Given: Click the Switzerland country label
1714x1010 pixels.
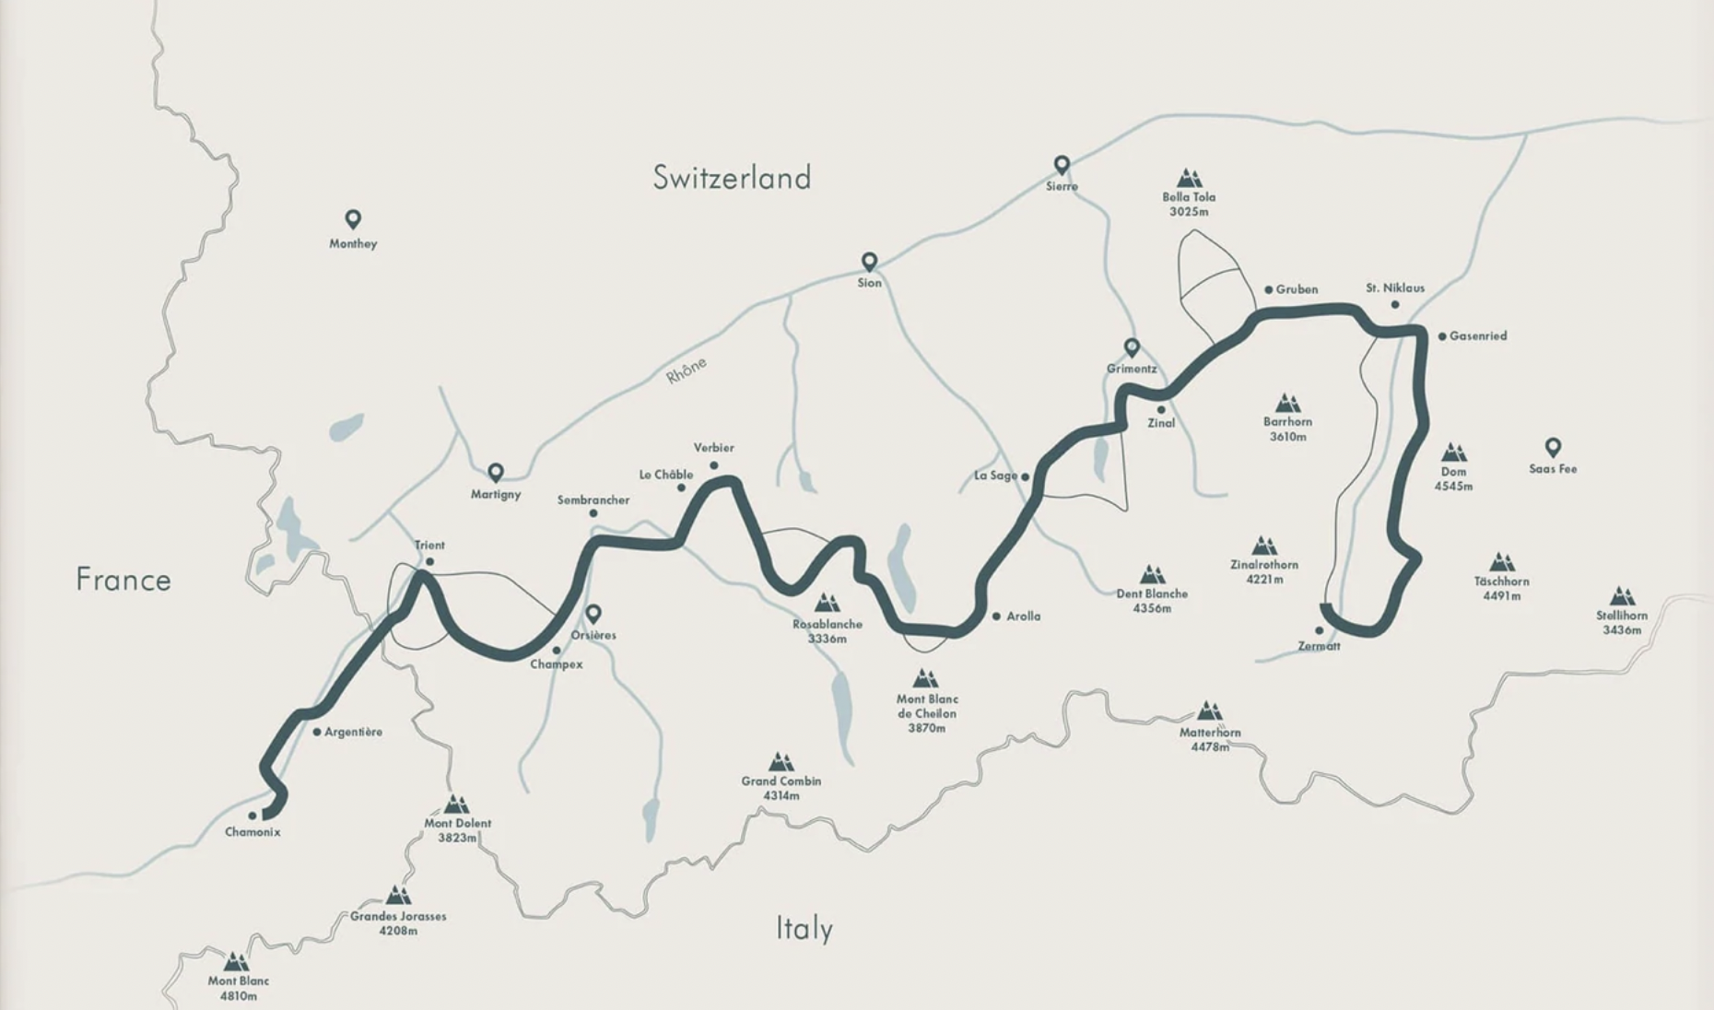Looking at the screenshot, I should coord(732,177).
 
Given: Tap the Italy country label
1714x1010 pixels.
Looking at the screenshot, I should coord(804,928).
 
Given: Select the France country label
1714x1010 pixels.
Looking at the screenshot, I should coord(123,580).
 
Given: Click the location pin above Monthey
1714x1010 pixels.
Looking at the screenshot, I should coord(353,219).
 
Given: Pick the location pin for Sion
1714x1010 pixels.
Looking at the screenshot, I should coord(869,262).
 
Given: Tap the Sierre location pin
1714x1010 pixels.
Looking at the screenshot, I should coord(1062,165).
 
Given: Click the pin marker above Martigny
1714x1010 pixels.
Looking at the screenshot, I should coord(496,472).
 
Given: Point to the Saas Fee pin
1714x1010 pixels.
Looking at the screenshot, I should coord(1553,447).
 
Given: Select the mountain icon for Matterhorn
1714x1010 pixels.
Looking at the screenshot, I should coord(1210,711).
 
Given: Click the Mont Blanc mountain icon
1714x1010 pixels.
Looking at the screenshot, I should coord(237,962).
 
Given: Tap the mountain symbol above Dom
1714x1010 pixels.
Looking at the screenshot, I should coord(1454,452).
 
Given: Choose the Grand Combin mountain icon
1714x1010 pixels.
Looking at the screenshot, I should coord(781,761).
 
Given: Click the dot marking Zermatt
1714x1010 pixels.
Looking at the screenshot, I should coord(1319,631).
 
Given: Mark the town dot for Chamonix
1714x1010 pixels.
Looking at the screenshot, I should coord(252,816).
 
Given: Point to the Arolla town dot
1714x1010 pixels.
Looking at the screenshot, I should coord(996,616).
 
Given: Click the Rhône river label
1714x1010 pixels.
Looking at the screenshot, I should coord(687,370).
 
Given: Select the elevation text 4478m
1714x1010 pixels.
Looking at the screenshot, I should coord(1209,747).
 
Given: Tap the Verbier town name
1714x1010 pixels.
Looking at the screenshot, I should coord(714,448).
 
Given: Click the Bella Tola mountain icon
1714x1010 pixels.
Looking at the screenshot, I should coord(1189,178).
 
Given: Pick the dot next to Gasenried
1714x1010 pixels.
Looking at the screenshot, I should coord(1442,336).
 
